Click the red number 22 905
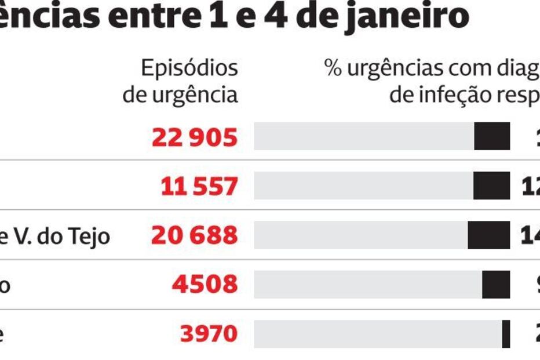coord(195,137)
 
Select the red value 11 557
coord(199,187)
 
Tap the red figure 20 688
coord(195,235)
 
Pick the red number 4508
coord(205,285)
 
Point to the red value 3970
coord(209,334)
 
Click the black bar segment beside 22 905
coord(492,137)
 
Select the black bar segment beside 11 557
coord(491,186)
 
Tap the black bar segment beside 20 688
coord(488,235)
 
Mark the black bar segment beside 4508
coord(496,285)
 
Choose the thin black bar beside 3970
coord(506,334)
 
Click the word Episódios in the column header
coord(189,68)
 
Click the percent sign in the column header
coord(333,68)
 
